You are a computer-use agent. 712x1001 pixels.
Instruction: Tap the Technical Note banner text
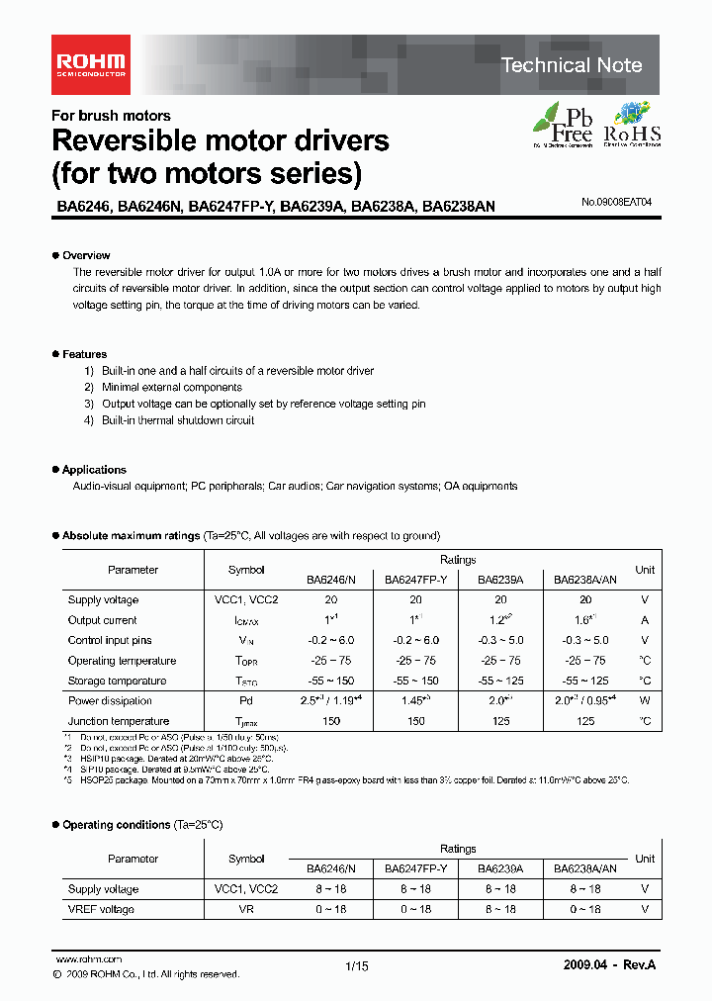tap(571, 65)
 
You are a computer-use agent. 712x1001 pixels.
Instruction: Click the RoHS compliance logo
tap(632, 125)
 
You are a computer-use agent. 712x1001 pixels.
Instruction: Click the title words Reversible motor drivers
tap(220, 140)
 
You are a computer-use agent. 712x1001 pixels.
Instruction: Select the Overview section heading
tap(86, 255)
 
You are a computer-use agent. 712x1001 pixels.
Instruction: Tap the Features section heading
tap(84, 354)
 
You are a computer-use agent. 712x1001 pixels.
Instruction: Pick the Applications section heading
tap(94, 470)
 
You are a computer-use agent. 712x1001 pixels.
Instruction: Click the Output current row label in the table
tap(103, 620)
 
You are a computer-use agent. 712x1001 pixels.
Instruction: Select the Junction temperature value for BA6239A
tap(501, 721)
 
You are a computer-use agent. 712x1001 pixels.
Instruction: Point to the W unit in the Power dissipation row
tap(645, 701)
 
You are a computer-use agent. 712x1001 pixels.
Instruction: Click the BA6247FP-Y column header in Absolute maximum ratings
tap(416, 581)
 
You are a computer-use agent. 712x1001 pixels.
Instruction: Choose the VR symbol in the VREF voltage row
tap(246, 909)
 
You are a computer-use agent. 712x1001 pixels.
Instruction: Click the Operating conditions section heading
tap(116, 825)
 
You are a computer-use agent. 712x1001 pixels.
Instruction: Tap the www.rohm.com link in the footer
tap(89, 959)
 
